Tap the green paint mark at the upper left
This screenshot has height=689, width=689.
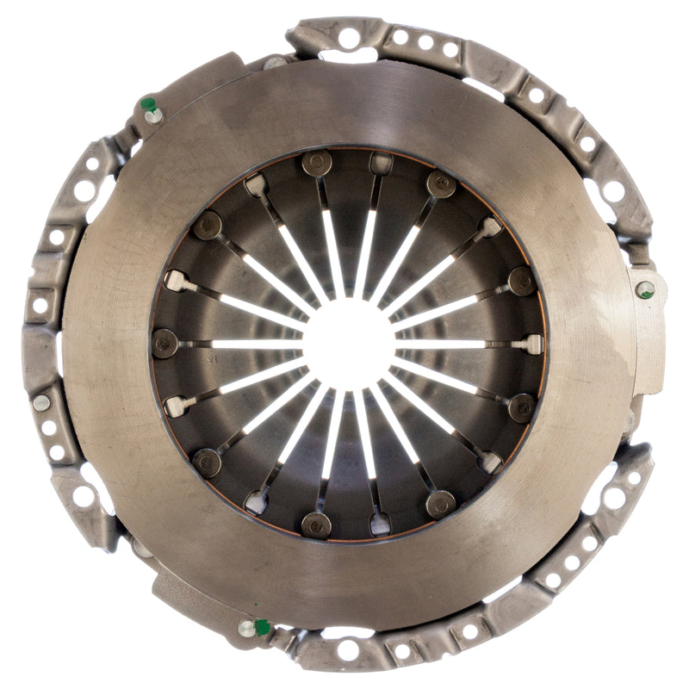click(x=148, y=104)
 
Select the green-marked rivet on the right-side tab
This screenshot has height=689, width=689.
click(x=645, y=289)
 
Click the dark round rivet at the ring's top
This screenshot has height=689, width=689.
click(x=316, y=164)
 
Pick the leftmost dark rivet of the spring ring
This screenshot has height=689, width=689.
click(x=164, y=343)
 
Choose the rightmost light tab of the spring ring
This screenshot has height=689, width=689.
click(x=531, y=344)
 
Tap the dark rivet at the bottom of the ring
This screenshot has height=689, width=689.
click(x=316, y=524)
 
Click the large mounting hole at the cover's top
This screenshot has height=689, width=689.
click(x=348, y=37)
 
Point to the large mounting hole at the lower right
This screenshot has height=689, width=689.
click(x=614, y=497)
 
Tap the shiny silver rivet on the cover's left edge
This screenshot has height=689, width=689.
click(x=41, y=403)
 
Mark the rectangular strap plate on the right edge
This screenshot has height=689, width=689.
click(x=649, y=332)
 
